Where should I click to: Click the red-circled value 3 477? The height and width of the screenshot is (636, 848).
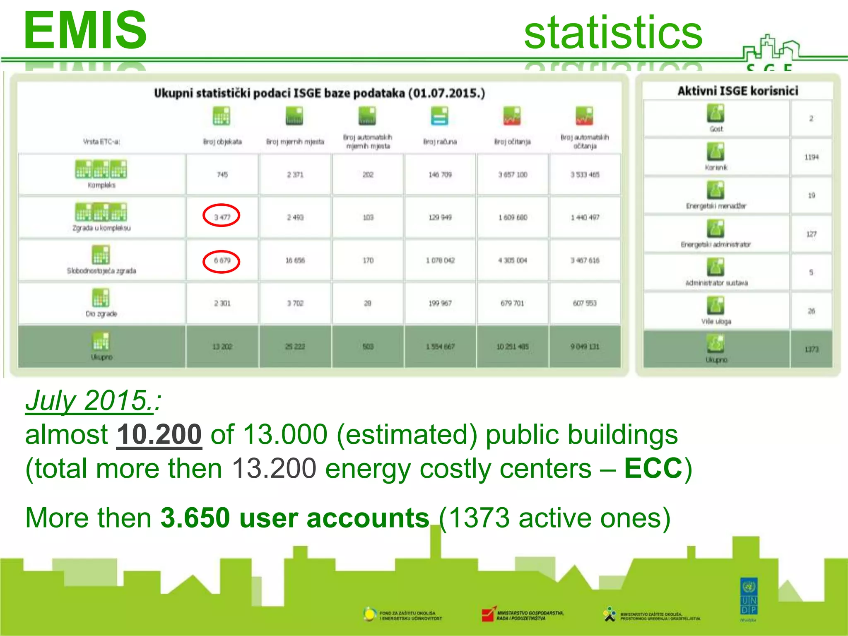pyautogui.click(x=222, y=217)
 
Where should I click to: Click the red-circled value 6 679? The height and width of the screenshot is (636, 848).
pyautogui.click(x=222, y=261)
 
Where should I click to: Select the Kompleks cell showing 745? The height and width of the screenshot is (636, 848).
pyautogui.click(x=222, y=175)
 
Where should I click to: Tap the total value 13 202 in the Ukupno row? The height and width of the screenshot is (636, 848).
pyautogui.click(x=222, y=347)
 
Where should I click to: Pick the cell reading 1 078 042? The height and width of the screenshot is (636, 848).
pyautogui.click(x=440, y=260)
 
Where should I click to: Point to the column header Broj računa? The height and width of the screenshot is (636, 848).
pyautogui.click(x=440, y=142)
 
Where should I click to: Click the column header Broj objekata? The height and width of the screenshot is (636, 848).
pyautogui.click(x=222, y=142)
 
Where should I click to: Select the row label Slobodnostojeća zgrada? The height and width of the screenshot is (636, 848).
pyautogui.click(x=101, y=271)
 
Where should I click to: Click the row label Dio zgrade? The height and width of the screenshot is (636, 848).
pyautogui.click(x=101, y=314)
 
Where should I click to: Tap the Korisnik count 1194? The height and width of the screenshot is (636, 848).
pyautogui.click(x=811, y=157)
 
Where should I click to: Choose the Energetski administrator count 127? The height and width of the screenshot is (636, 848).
pyautogui.click(x=811, y=234)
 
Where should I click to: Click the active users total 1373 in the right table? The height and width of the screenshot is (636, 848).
pyautogui.click(x=811, y=349)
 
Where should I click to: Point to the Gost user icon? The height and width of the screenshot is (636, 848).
pyautogui.click(x=716, y=113)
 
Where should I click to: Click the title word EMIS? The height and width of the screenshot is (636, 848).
pyautogui.click(x=85, y=31)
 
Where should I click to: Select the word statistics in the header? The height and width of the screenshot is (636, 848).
pyautogui.click(x=613, y=32)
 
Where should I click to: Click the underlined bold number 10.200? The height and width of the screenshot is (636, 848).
pyautogui.click(x=159, y=434)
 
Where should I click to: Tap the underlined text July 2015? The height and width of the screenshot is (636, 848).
pyautogui.click(x=89, y=400)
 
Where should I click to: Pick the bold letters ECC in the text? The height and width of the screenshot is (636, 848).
pyautogui.click(x=653, y=468)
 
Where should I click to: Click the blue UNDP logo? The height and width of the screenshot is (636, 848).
pyautogui.click(x=749, y=596)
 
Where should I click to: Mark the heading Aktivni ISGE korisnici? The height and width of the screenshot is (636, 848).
pyautogui.click(x=737, y=91)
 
